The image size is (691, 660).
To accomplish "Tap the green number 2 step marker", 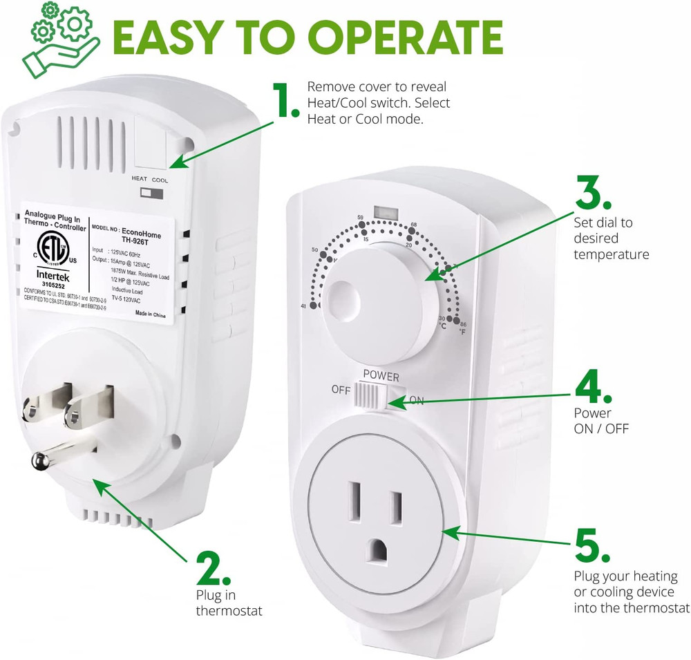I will point(213,569).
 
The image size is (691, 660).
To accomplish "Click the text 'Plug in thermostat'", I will point(220,601).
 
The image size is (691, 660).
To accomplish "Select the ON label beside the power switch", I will point(417,400).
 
